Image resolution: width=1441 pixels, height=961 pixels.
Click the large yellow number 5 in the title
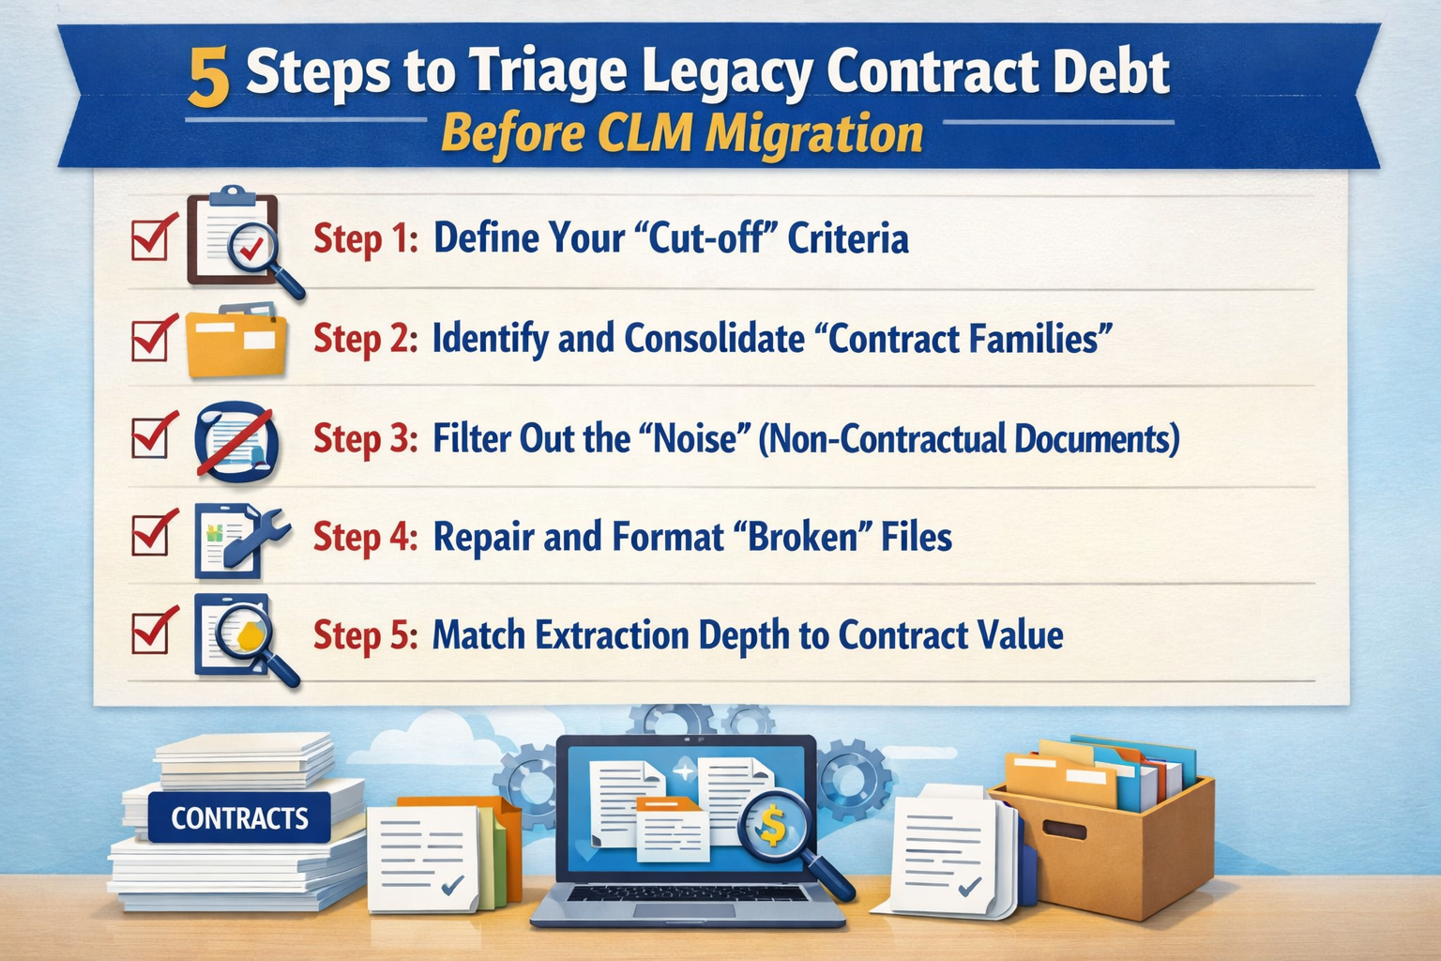pos(208,76)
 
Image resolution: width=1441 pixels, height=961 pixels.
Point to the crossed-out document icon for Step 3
pos(236,441)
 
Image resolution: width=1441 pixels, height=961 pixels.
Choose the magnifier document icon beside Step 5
pos(240,636)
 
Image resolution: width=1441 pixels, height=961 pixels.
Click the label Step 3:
pos(365,439)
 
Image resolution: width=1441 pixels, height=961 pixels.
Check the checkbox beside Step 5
pos(151,633)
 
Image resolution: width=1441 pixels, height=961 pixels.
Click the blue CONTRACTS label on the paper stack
pos(239,818)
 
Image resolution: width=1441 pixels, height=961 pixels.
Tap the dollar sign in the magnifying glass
pos(772,823)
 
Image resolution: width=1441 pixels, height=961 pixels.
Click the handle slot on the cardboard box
pos(1064,831)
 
